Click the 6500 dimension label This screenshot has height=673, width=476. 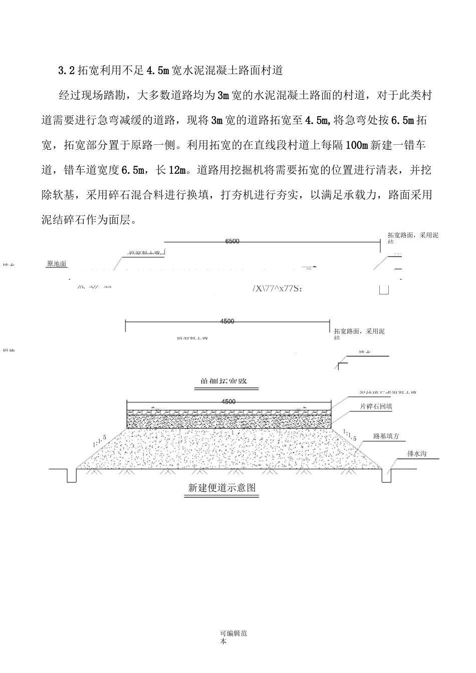(232, 241)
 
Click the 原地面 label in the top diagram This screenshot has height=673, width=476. (57, 264)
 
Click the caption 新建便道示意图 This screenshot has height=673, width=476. (222, 487)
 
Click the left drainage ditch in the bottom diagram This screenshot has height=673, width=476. (71, 476)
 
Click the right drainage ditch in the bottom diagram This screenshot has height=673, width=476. (386, 476)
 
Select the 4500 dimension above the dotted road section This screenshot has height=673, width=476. (228, 402)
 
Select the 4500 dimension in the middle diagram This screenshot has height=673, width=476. (227, 321)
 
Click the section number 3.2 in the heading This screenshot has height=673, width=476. (67, 71)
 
